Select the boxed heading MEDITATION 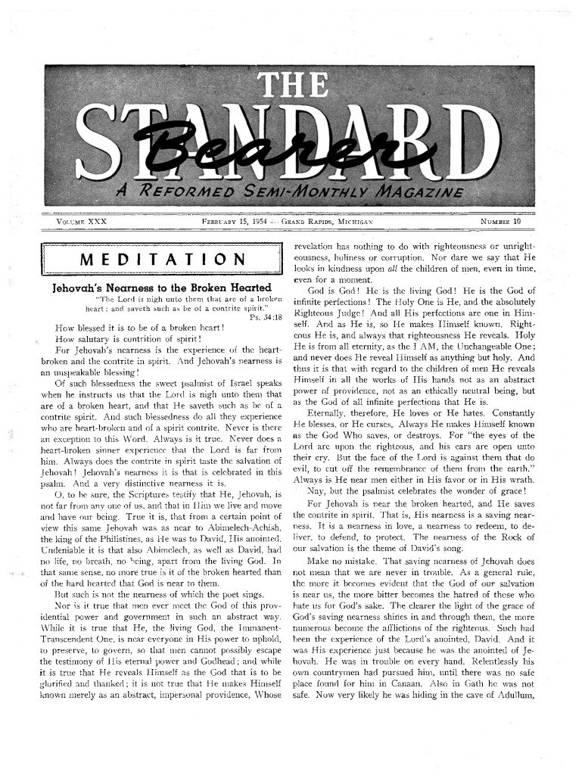point(162,260)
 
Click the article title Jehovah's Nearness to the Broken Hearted point(161,288)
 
